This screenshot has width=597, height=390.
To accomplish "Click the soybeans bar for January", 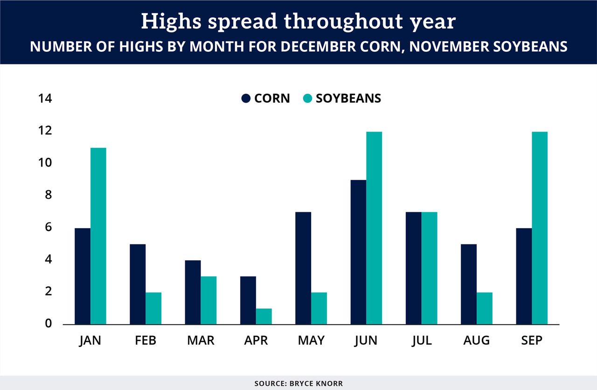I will click(98, 236).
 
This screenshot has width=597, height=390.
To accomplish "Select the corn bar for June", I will click(358, 252).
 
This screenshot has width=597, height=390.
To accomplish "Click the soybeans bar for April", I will click(264, 316).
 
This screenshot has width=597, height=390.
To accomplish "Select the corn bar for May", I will click(303, 268).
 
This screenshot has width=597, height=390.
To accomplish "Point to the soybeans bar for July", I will click(430, 268).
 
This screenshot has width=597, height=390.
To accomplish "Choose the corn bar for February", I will click(138, 284).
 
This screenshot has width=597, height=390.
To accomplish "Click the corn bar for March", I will click(193, 292).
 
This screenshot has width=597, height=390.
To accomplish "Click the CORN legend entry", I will click(265, 98).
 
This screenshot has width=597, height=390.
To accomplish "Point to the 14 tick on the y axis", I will click(45, 98).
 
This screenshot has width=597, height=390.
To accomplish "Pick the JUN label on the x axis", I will click(366, 341).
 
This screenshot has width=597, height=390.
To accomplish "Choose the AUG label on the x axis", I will click(476, 341).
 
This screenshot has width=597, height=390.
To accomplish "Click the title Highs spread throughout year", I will click(298, 21).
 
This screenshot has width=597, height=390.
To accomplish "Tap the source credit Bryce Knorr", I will click(298, 383).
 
